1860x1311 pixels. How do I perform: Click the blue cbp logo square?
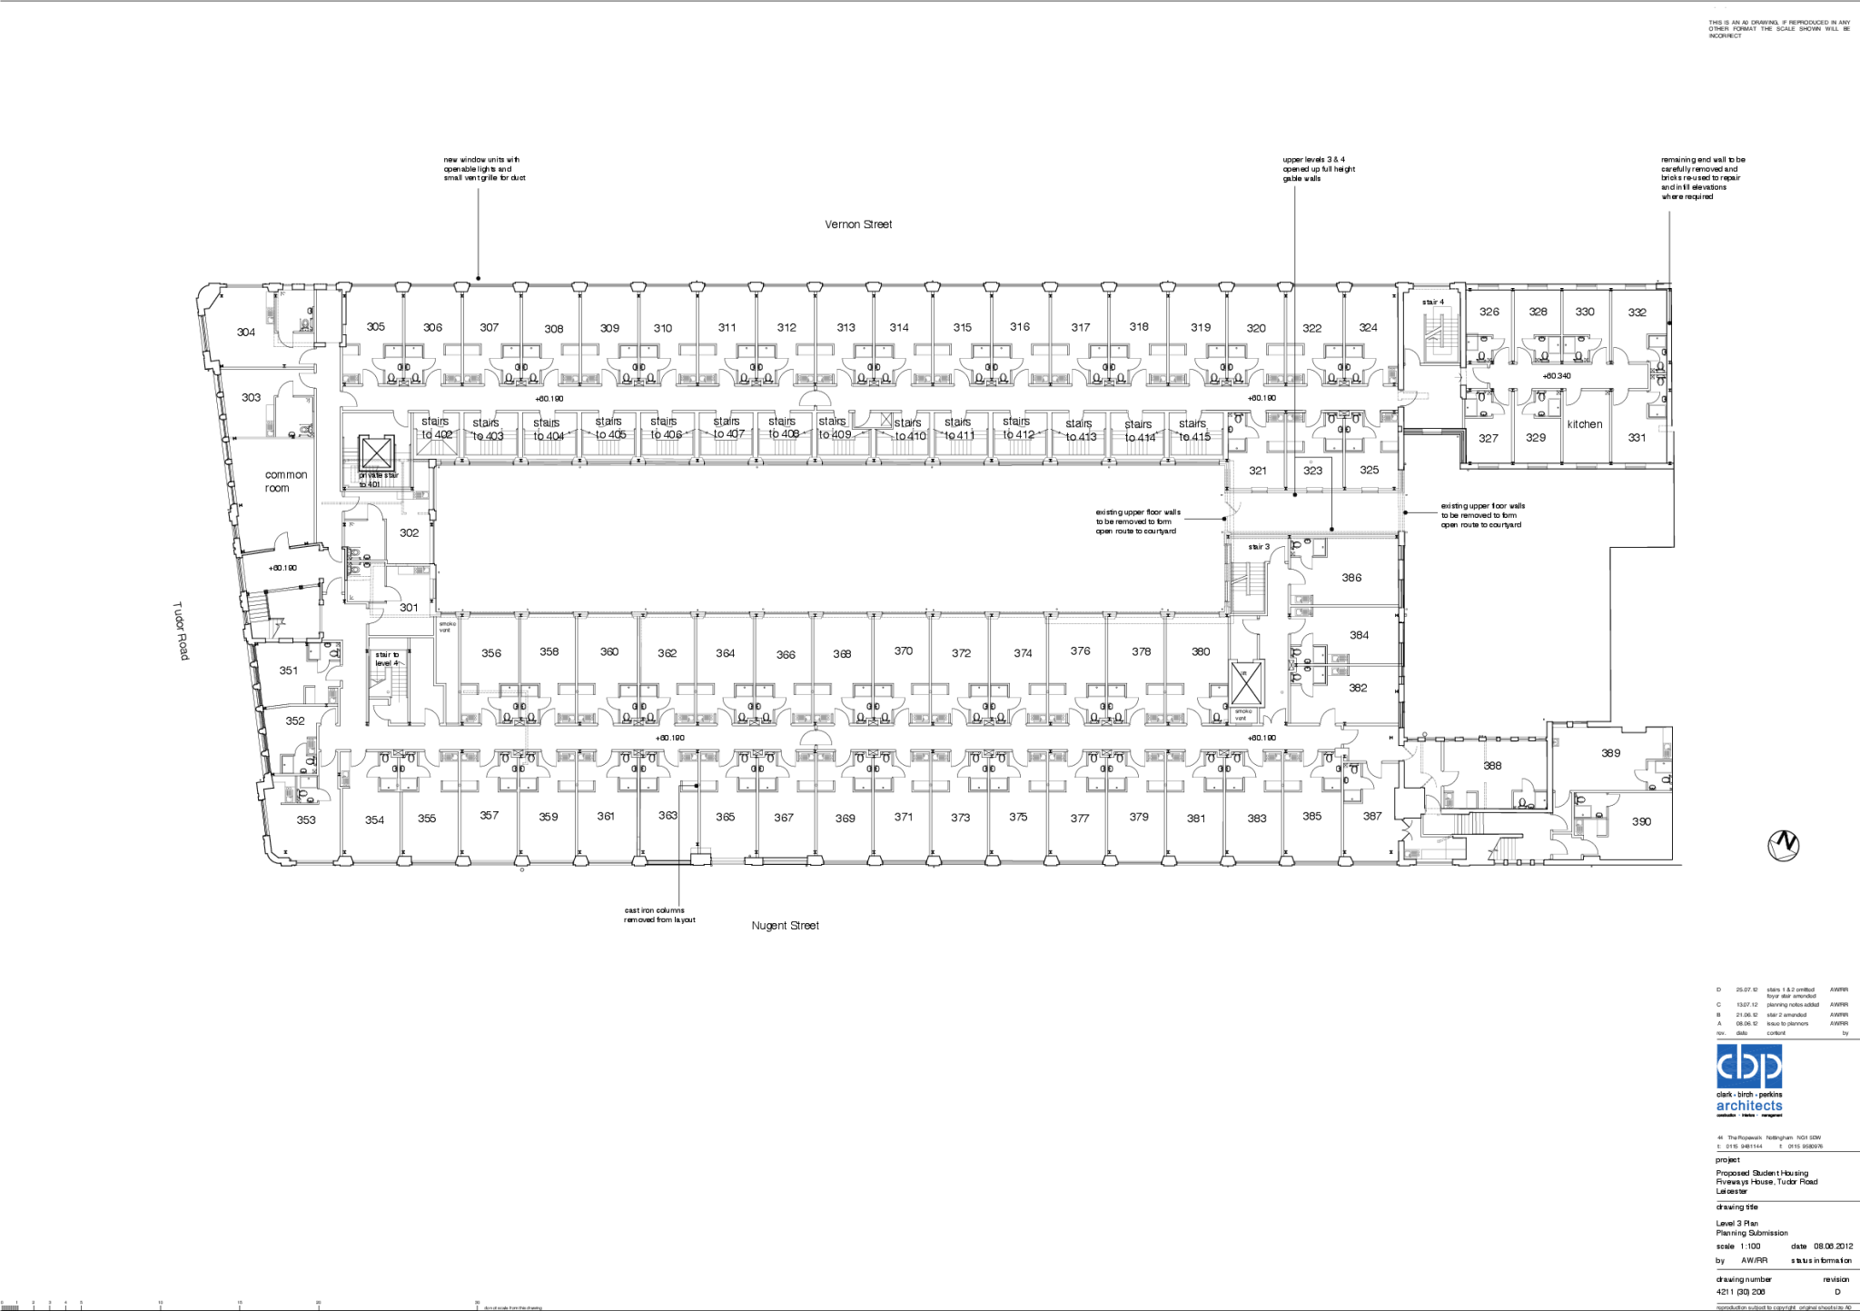1748,1066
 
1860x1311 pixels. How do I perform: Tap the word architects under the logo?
1748,1106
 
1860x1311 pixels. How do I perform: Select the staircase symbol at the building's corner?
363,472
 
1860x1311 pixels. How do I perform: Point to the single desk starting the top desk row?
350,378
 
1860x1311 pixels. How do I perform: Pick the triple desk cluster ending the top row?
1285,378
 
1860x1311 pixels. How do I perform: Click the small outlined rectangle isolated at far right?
1665,428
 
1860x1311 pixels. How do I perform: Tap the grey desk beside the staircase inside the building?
420,496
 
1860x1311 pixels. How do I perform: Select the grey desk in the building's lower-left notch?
420,571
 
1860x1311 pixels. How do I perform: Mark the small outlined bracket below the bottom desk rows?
700,849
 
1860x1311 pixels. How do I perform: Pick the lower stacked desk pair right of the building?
1338,665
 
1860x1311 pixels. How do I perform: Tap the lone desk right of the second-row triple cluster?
1390,419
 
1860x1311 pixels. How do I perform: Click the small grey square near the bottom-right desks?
1556,742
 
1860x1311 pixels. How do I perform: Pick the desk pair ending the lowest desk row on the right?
1282,758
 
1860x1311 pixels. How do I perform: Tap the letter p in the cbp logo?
1770,1066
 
